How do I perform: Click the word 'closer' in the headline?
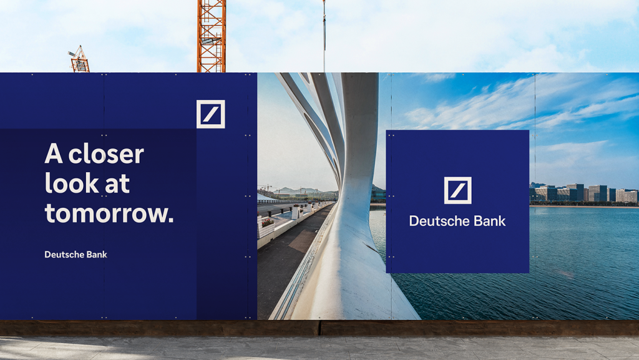[106, 154]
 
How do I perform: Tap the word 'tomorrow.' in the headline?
[109, 213]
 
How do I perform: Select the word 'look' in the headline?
[72, 183]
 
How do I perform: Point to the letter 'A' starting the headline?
[54, 153]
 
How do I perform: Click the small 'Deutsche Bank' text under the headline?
[76, 255]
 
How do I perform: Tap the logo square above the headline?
[211, 114]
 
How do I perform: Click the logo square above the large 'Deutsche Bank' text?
[457, 190]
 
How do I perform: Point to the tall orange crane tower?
[212, 36]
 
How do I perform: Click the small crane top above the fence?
[79, 59]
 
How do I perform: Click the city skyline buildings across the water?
[583, 193]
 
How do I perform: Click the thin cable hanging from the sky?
[324, 36]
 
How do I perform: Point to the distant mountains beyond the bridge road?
[301, 190]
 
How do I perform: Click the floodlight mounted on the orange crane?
[208, 41]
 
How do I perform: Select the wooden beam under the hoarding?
[319, 328]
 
